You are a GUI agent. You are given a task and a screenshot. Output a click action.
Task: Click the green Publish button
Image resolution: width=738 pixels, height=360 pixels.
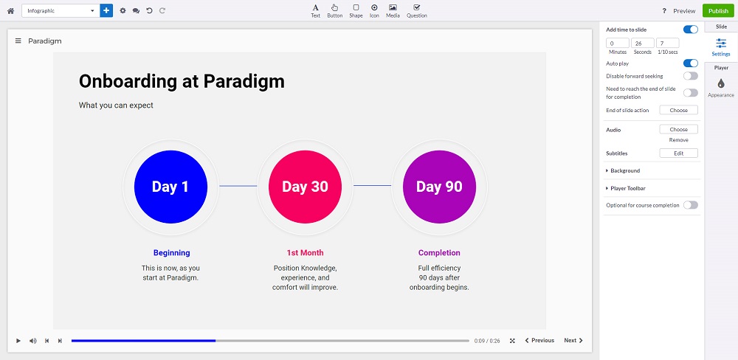coord(718,11)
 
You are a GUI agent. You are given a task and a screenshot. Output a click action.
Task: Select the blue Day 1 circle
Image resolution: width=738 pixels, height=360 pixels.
coord(170,187)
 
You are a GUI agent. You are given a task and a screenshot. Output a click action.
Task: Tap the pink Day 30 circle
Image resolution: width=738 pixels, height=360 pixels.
coord(305,187)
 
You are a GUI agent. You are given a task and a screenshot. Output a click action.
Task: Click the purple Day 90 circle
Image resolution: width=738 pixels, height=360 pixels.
coord(439,187)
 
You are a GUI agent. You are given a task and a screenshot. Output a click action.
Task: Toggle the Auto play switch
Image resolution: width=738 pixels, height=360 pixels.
coord(691,63)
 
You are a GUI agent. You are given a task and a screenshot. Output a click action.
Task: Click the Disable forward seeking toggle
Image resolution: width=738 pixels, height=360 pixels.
coord(691,76)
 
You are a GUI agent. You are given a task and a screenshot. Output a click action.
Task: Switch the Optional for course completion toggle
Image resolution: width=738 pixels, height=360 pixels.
coord(691,204)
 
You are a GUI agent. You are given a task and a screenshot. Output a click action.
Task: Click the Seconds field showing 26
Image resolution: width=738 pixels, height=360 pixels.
coord(643,44)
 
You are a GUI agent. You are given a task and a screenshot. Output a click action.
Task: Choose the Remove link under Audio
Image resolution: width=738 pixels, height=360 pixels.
coord(679,139)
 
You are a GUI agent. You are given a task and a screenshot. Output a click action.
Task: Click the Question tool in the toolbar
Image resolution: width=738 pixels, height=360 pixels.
coord(416,11)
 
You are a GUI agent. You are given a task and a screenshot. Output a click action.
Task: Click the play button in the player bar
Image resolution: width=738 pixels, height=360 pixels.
coord(18,341)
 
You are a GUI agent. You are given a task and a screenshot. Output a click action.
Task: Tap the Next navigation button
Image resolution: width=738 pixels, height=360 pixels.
coord(573,340)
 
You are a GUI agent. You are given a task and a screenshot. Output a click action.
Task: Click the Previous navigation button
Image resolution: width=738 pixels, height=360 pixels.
coord(539,340)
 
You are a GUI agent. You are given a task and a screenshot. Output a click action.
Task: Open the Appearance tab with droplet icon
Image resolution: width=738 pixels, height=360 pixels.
coord(721,88)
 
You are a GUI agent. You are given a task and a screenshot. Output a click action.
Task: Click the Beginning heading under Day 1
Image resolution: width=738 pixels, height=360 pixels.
coord(172,253)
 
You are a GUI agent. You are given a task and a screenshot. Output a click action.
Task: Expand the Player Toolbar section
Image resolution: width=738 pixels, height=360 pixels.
coord(628,188)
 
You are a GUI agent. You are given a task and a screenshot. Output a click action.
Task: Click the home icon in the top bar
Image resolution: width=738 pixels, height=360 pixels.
coord(10,11)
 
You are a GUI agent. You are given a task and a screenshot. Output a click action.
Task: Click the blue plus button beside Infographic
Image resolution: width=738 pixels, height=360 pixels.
coord(106,10)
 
